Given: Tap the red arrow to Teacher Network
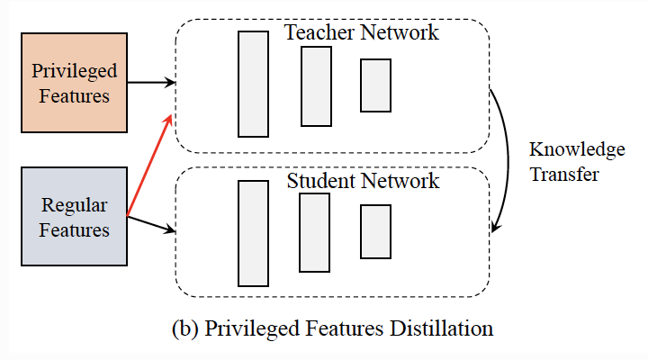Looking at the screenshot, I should coord(148,166).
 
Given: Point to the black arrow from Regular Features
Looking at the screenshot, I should coord(150,224).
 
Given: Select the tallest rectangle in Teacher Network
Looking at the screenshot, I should coord(253,84).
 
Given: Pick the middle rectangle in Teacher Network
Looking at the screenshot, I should coord(316,86).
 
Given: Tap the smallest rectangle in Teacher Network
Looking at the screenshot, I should coord(375,85).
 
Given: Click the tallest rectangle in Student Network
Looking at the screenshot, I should coord(253,232).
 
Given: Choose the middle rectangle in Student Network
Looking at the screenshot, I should coord(314,232).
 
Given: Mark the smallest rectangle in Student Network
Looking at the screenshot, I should coord(375,231).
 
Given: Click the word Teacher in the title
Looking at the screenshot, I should coord(319,33).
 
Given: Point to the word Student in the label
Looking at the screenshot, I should coord(321,181).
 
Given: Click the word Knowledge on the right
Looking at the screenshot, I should coord(577,150).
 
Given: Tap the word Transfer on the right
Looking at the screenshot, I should coord(563,175).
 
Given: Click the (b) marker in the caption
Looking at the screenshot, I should coord(184,328).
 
